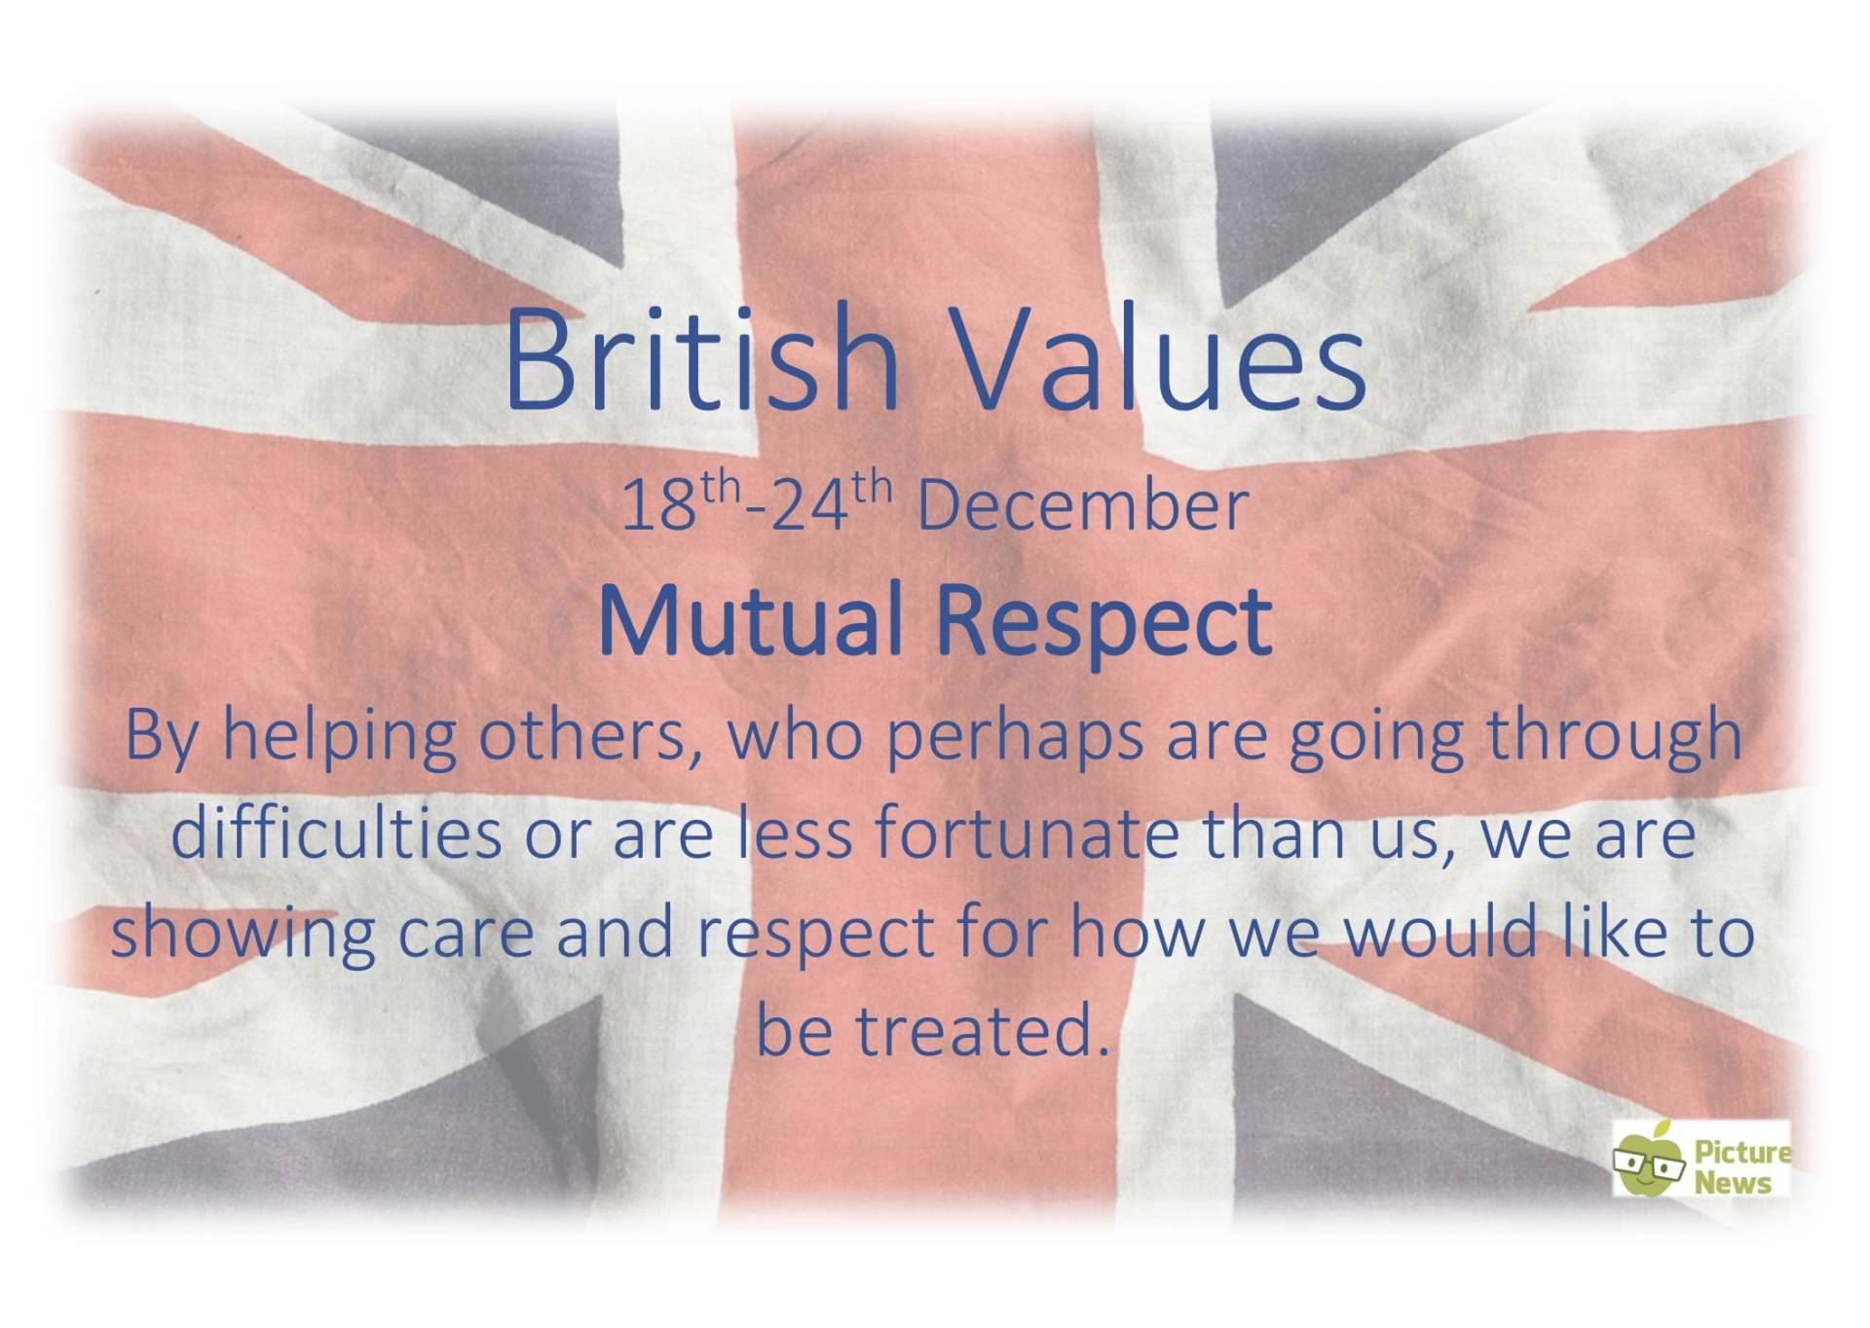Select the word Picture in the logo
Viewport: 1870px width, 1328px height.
coord(1742,1153)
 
